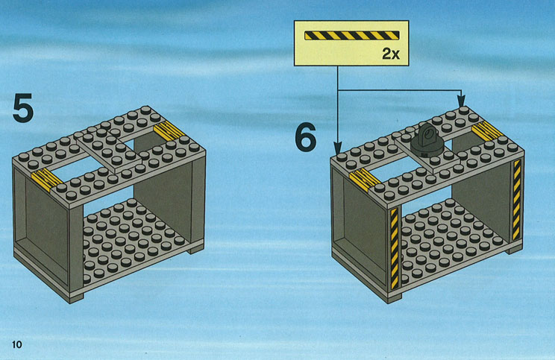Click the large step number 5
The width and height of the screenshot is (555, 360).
point(23,108)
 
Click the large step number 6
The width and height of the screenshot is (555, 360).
point(305,137)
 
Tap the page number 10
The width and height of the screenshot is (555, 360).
point(16,344)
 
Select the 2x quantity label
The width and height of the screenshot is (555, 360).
point(391,54)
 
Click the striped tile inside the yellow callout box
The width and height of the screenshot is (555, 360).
point(352,35)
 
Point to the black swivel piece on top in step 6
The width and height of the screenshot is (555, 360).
point(427,140)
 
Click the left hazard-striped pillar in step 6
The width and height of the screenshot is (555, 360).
point(395,249)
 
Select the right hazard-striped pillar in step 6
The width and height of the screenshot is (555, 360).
point(517,200)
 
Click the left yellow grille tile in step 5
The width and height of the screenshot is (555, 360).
point(47,180)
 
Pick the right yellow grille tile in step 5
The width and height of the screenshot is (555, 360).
point(169,130)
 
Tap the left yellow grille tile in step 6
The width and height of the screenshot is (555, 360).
point(365,179)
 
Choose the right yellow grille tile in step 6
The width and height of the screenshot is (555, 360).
point(487,130)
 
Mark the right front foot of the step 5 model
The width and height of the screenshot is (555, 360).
point(195,250)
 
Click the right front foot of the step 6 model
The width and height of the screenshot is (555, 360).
point(514,250)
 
